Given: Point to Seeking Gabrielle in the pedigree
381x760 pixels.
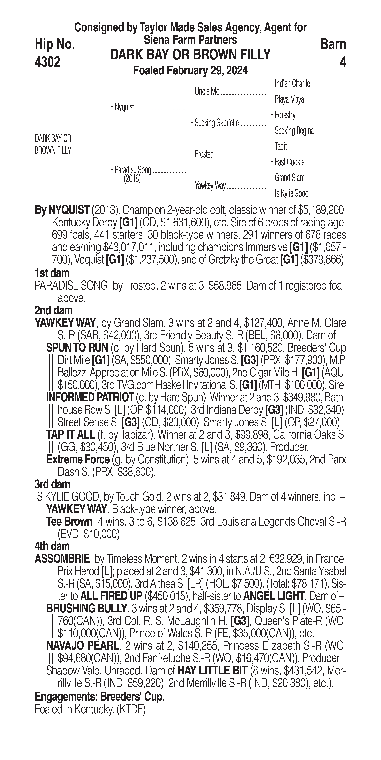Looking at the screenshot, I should [216, 123].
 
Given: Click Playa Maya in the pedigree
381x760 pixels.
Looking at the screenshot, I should [289, 99].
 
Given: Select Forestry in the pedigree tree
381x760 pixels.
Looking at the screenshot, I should [285, 115].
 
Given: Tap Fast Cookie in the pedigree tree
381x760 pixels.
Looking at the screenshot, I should [289, 162].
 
